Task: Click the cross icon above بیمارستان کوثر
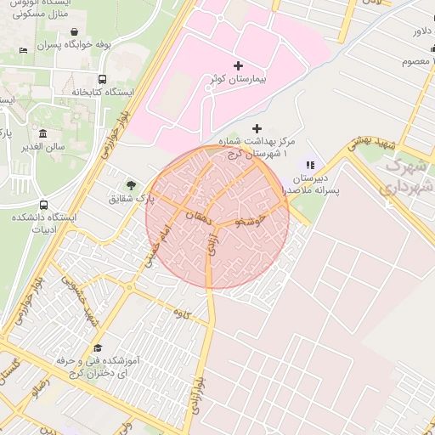[237, 65]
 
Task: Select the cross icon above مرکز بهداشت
[257, 128]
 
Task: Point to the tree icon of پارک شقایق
[131, 184]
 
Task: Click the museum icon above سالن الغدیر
[43, 133]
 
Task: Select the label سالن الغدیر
[43, 147]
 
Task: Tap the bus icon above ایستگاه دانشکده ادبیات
[43, 205]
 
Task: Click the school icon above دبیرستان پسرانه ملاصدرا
[310, 165]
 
